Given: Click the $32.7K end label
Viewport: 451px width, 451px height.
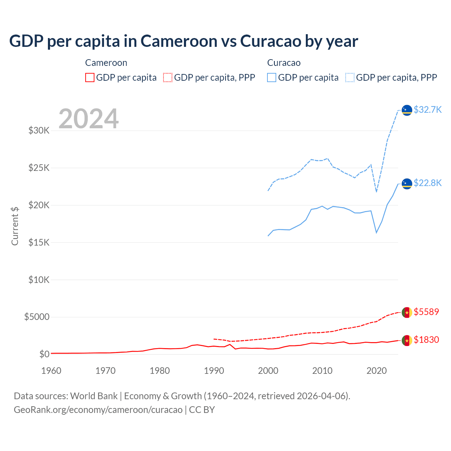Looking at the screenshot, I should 427,110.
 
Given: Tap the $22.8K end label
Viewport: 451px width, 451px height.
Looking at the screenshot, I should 427,183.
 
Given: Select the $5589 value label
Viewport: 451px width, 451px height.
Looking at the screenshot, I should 426,312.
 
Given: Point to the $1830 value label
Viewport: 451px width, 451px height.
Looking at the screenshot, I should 426,340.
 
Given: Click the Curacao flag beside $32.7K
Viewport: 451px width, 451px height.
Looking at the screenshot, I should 407,110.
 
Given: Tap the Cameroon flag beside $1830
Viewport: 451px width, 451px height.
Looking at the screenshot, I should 407,340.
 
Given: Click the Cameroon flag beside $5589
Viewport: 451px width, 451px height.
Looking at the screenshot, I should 407,312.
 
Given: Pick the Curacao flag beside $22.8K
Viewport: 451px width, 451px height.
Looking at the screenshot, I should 407,184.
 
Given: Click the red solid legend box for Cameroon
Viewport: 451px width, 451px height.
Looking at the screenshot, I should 90,78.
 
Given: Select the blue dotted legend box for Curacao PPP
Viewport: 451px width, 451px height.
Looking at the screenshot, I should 350,78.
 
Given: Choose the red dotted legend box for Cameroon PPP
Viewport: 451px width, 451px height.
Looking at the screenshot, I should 168,78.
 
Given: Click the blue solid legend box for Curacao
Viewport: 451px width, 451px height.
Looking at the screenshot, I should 272,78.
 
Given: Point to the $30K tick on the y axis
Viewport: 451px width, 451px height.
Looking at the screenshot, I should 39,131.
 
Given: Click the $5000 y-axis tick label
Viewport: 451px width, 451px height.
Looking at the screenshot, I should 37,317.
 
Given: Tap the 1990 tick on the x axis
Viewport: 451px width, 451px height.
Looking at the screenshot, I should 214,371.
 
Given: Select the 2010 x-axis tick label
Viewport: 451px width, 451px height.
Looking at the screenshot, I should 322,371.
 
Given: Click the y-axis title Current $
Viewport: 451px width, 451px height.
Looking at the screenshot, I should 15,226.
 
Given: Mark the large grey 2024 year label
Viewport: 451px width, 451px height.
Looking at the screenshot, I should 88,119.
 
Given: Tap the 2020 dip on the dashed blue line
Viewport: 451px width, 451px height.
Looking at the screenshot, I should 377,192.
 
